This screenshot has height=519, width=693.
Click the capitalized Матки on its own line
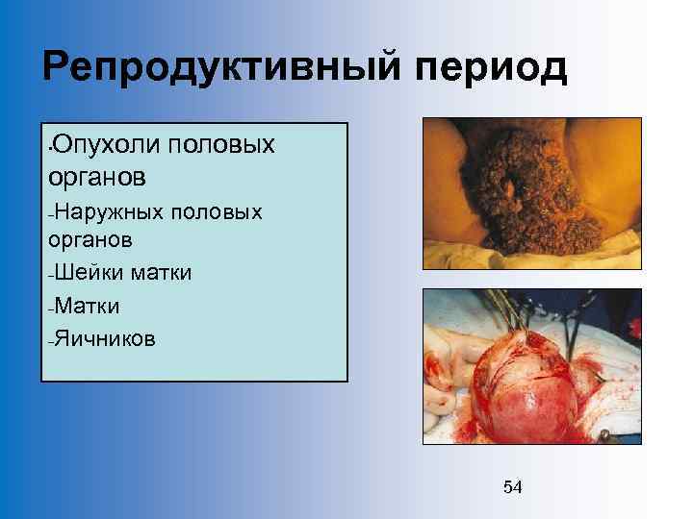pyautogui.click(x=87, y=306)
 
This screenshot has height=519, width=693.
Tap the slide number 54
pyautogui.click(x=513, y=487)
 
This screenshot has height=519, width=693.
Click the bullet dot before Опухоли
pyautogui.click(x=49, y=147)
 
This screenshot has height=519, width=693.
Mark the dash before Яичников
pyautogui.click(x=49, y=340)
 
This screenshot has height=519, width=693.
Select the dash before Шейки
pyautogui.click(x=49, y=275)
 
